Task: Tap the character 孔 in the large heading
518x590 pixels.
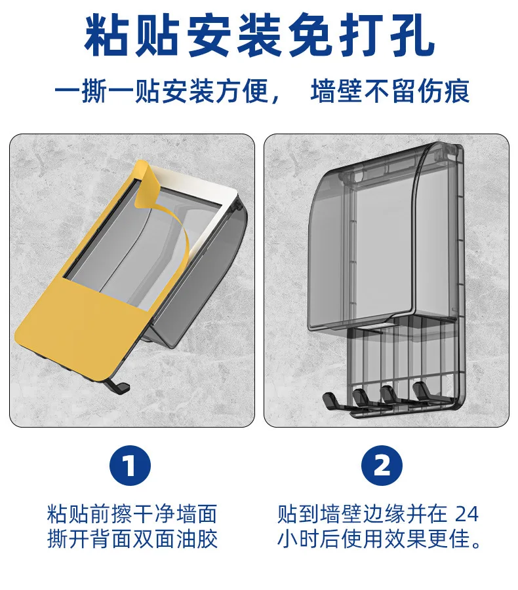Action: [x=410, y=37]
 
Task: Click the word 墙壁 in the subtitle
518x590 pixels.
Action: [x=336, y=92]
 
